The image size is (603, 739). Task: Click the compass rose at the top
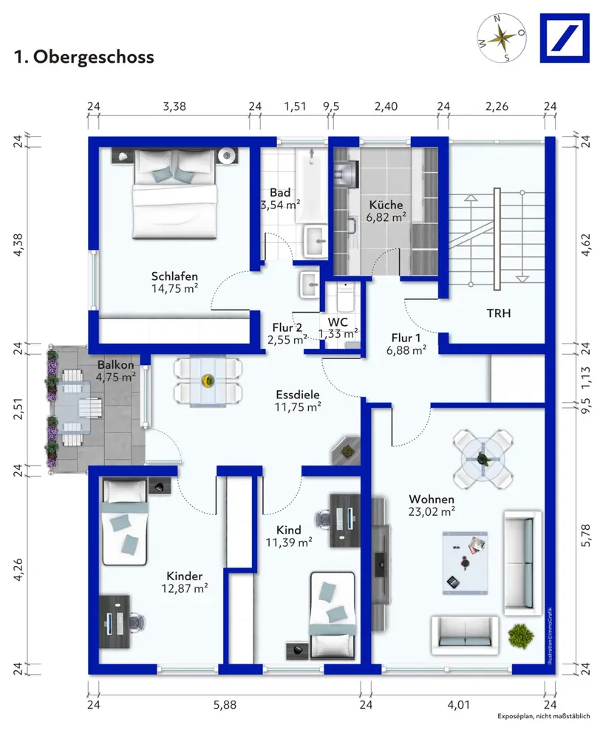[502, 38]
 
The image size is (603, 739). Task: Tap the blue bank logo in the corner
[565, 38]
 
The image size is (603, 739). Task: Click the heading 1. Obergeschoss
[84, 57]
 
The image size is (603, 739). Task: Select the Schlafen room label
[174, 276]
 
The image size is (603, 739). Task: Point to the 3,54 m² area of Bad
[280, 205]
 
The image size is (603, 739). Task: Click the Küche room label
[386, 205]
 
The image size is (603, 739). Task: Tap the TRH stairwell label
[499, 313]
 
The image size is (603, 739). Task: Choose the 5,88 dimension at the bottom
[225, 705]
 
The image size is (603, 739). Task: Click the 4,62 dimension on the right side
[585, 245]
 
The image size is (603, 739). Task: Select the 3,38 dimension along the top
[174, 106]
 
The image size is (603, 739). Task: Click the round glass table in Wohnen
[483, 459]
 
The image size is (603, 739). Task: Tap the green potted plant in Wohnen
[520, 636]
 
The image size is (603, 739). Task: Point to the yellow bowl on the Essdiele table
[207, 381]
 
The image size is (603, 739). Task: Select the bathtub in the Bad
[311, 185]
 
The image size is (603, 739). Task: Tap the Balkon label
[115, 365]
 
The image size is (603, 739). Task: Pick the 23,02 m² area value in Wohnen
[432, 511]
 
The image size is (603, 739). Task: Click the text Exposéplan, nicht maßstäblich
[544, 716]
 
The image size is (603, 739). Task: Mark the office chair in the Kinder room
[137, 623]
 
